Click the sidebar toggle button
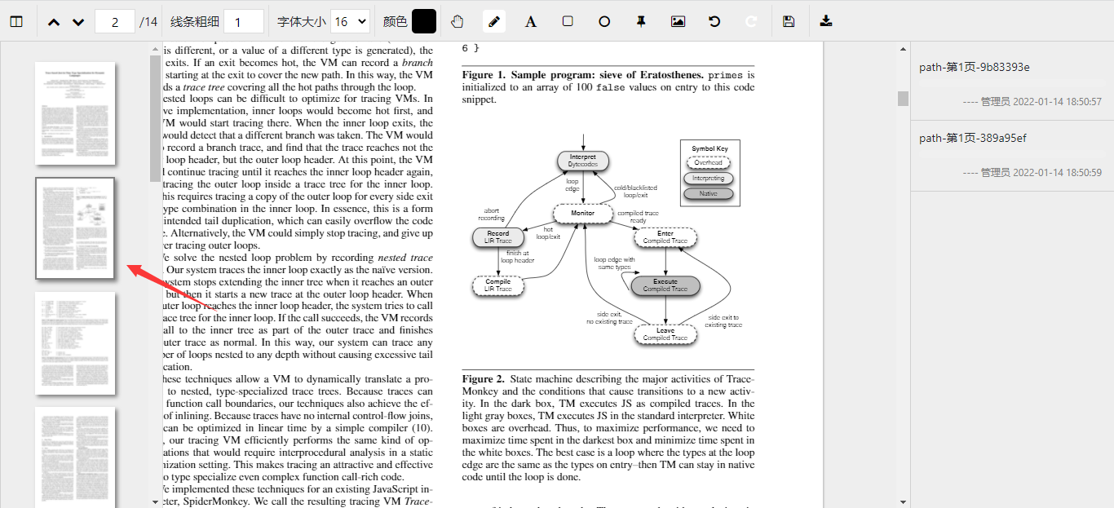[16, 21]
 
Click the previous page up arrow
[54, 22]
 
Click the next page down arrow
[78, 22]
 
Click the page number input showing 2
[115, 22]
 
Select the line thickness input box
[243, 22]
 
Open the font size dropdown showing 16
[351, 22]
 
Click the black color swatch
[424, 21]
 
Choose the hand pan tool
[458, 21]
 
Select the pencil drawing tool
[494, 21]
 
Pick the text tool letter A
[531, 21]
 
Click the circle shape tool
[604, 21]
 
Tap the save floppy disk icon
[789, 21]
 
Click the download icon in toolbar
[826, 21]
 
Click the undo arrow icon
[714, 21]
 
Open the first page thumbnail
[75, 113]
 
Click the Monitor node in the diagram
[582, 214]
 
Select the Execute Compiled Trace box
[665, 285]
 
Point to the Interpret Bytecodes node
[583, 161]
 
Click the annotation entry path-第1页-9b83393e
[974, 67]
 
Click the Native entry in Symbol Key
[708, 194]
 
